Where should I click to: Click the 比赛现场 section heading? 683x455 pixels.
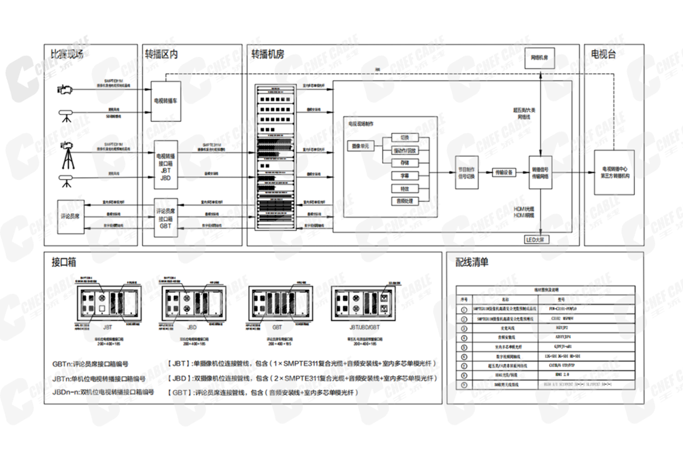coord(67,54)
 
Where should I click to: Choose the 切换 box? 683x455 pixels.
coord(405,137)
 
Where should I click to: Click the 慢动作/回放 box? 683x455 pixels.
coord(405,150)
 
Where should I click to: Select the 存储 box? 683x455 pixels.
coord(405,163)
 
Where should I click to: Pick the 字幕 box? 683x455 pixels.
coord(405,176)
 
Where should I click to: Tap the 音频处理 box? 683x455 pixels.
coord(405,201)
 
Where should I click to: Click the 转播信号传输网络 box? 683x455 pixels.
coord(541,172)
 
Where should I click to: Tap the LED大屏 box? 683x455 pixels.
coord(532,239)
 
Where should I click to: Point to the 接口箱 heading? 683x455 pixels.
coord(64,262)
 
